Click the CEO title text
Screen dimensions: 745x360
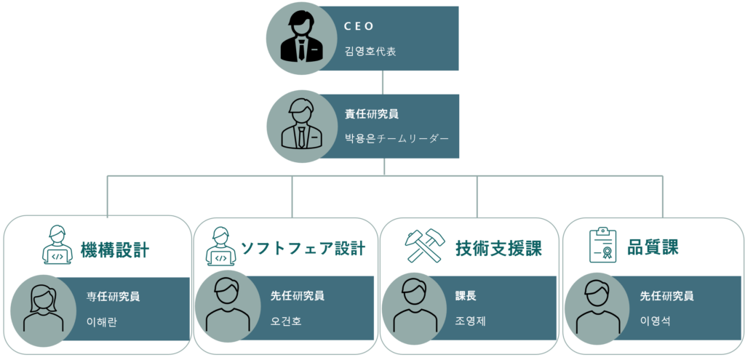[x=359, y=27]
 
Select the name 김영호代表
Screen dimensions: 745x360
[x=370, y=52]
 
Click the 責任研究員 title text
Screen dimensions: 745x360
[x=372, y=114]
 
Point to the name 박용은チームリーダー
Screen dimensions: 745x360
[x=397, y=139]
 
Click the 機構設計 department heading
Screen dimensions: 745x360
[x=115, y=249]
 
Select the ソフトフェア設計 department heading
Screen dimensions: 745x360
[x=303, y=248]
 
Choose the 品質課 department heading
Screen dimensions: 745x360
[x=653, y=247]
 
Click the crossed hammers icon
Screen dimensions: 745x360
[x=424, y=245]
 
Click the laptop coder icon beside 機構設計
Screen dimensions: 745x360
[x=57, y=244]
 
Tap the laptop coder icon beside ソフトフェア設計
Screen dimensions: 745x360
[x=220, y=246]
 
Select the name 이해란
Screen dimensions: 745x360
[x=102, y=322]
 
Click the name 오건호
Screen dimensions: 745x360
[x=286, y=321]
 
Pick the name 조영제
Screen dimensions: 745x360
[x=471, y=321]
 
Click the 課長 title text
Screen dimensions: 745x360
[x=466, y=296]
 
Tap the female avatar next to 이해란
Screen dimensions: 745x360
[x=43, y=308]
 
